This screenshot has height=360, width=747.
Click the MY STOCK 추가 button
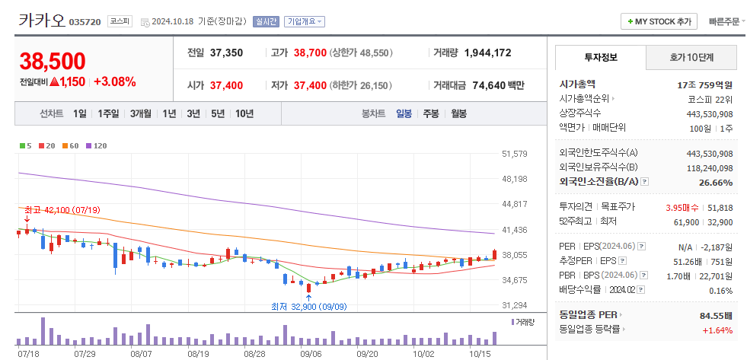tap(659, 21)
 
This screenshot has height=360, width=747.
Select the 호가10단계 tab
tap(691, 57)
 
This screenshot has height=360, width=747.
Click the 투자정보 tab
tap(601, 57)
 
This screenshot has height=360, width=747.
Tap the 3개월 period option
tap(142, 113)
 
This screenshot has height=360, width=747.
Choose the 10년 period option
tap(244, 113)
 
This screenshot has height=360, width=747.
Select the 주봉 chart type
tap(431, 113)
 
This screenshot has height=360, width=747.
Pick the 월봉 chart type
tap(458, 113)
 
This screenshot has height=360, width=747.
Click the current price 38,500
tap(53, 61)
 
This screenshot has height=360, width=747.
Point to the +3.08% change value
tap(115, 81)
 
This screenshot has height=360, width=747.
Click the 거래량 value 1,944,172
tap(487, 53)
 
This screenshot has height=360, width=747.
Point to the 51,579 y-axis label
tap(515, 154)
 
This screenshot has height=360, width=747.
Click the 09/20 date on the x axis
tap(367, 354)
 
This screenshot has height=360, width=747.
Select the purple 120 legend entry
tap(97, 145)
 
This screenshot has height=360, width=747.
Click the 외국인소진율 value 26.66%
tap(715, 183)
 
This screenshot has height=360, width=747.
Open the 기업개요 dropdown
tap(304, 21)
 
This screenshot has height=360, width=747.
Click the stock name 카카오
tap(40, 21)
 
